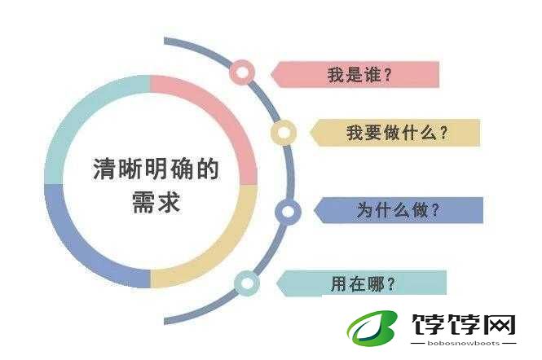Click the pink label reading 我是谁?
pyautogui.click(x=355, y=74)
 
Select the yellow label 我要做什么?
pyautogui.click(x=394, y=133)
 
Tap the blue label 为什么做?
pyautogui.click(x=399, y=210)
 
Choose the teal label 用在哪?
pyautogui.click(x=362, y=283)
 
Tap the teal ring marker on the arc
pyautogui.click(x=237, y=283)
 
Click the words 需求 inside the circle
pyautogui.click(x=156, y=201)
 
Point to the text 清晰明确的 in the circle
pyautogui.click(x=156, y=169)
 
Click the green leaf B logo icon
pyautogui.click(x=372, y=328)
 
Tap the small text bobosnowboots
pyautogui.click(x=463, y=344)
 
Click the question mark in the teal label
pyautogui.click(x=390, y=284)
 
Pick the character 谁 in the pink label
pyautogui.click(x=372, y=75)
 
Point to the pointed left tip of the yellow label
pyautogui.click(x=310, y=133)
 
